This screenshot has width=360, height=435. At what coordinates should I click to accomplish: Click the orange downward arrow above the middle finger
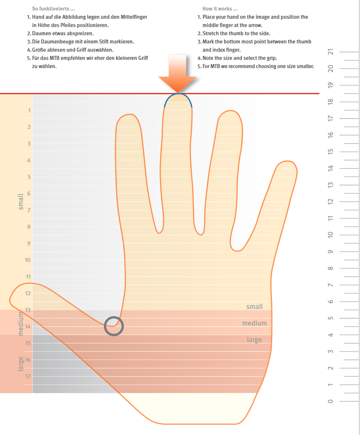click(x=178, y=73)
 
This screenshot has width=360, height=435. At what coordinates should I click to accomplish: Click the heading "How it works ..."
click(x=220, y=9)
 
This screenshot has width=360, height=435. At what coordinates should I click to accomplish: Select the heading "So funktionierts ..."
click(x=53, y=9)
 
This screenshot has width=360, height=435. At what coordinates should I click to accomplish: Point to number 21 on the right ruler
click(x=330, y=52)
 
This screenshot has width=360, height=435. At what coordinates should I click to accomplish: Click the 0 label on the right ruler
click(x=330, y=401)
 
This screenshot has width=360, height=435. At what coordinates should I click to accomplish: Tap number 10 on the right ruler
click(x=330, y=234)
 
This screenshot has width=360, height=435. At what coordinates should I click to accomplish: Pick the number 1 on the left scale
click(x=29, y=110)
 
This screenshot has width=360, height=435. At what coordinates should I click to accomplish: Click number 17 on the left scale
click(x=28, y=376)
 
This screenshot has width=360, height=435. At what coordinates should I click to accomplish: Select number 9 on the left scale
click(x=29, y=243)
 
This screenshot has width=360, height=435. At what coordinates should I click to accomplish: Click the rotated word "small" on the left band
click(x=20, y=202)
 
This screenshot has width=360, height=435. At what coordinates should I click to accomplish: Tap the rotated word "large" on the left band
click(x=21, y=364)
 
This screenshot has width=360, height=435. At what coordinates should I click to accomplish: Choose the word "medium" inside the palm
click(x=254, y=323)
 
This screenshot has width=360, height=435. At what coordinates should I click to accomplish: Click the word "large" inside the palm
click(x=255, y=340)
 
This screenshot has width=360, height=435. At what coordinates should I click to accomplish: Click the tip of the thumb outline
click(x=10, y=299)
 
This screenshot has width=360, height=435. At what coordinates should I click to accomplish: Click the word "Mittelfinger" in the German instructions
click(x=134, y=17)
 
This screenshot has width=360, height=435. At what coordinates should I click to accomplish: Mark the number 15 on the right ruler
click(x=330, y=152)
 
